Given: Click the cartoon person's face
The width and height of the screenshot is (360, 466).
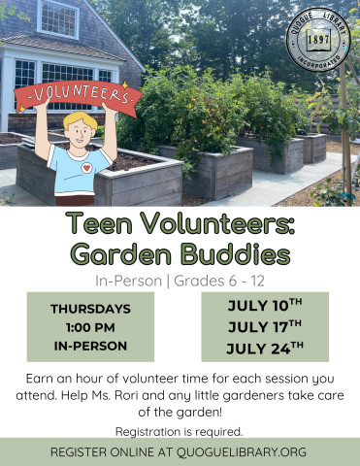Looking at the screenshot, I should (80, 130).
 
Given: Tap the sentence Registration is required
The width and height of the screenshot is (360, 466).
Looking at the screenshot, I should (180, 431).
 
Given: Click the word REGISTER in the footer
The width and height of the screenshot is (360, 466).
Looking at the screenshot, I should (86, 452).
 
